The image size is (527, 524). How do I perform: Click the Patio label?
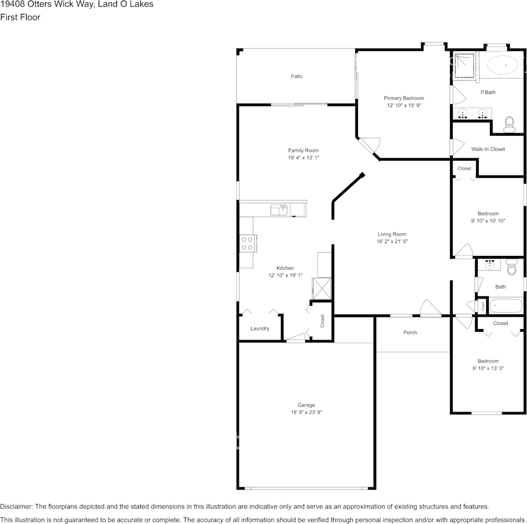point(297,76)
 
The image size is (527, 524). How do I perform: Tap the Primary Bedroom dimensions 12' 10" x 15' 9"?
point(404,105)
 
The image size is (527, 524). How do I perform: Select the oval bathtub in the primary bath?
point(503,65)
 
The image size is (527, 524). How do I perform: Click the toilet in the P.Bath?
point(509,125)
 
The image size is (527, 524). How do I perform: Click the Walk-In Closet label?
point(488,149)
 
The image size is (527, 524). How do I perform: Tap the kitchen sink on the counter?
point(279,210)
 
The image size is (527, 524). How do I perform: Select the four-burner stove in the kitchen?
point(248,243)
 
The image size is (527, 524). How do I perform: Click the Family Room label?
point(304,151)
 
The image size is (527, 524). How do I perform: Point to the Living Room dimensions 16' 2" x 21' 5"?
point(392,242)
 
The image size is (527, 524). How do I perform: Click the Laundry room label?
point(260,328)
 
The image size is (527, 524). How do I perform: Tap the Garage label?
point(306,405)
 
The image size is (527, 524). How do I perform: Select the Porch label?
point(410,332)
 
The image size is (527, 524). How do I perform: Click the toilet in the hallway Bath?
point(511,267)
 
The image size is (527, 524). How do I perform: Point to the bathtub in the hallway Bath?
point(506,306)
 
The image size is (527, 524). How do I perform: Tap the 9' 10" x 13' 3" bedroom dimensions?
point(488,368)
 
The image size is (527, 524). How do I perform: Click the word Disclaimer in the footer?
point(16,506)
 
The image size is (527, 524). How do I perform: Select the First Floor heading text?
point(20,17)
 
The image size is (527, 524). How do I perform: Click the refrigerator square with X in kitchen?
point(321,288)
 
